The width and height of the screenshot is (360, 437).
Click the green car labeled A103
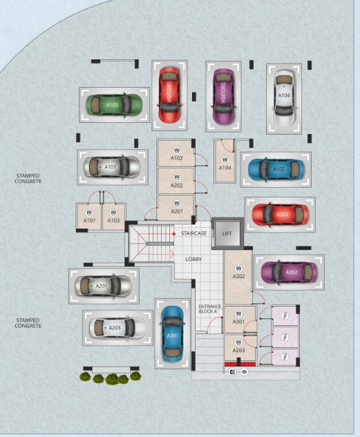[114, 104]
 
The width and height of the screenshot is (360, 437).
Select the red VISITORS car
[169, 95]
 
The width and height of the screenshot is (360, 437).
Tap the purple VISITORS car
[223, 96]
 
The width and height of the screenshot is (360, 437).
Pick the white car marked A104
[284, 98]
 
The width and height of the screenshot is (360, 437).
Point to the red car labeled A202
[281, 215]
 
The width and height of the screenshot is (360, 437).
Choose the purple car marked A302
[289, 272]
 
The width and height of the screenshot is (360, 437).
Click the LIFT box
[227, 233]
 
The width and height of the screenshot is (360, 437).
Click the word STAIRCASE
[193, 233]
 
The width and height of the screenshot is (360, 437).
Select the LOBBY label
[193, 259]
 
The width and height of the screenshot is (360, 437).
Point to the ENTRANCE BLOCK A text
[209, 309]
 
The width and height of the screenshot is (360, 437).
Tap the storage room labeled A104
[225, 162]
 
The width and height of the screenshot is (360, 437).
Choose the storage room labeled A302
[238, 277]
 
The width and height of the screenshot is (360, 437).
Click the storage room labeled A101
[89, 217]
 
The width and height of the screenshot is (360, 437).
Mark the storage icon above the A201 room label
[176, 204]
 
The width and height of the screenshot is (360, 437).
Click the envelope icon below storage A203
[245, 372]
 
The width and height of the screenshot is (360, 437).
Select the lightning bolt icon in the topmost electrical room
[285, 315]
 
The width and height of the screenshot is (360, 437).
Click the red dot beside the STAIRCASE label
[173, 234]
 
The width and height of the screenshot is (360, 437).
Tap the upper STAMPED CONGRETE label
[28, 178]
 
